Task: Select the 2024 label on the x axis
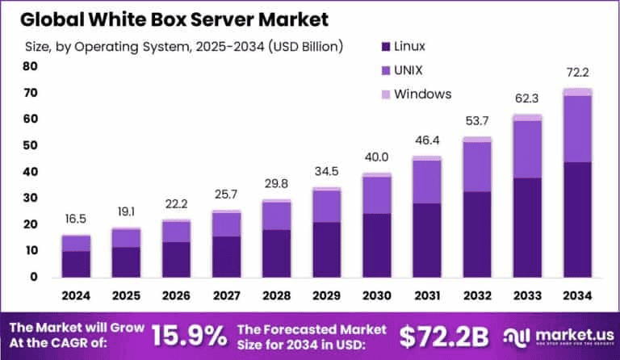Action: click(76, 297)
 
